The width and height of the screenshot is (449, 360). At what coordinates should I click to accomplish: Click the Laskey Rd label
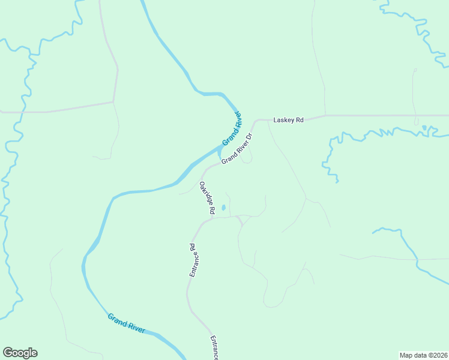coord(289,120)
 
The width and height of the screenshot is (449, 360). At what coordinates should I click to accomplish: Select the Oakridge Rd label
coord(207,198)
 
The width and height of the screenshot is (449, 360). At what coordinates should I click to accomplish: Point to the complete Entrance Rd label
coord(193,260)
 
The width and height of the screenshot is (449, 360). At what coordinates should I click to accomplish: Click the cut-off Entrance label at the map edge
coord(214,348)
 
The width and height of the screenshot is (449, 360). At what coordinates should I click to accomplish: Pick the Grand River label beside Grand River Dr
coord(232,128)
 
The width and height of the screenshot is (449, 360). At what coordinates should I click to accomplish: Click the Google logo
coord(20,353)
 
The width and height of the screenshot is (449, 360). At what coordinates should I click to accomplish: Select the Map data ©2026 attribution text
coord(424,355)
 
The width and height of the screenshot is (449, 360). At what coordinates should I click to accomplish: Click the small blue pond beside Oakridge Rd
coord(223,208)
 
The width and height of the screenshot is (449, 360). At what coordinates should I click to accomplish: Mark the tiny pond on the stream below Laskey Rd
coord(425,128)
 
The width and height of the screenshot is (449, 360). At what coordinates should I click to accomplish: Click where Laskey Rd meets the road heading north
coord(325,115)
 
